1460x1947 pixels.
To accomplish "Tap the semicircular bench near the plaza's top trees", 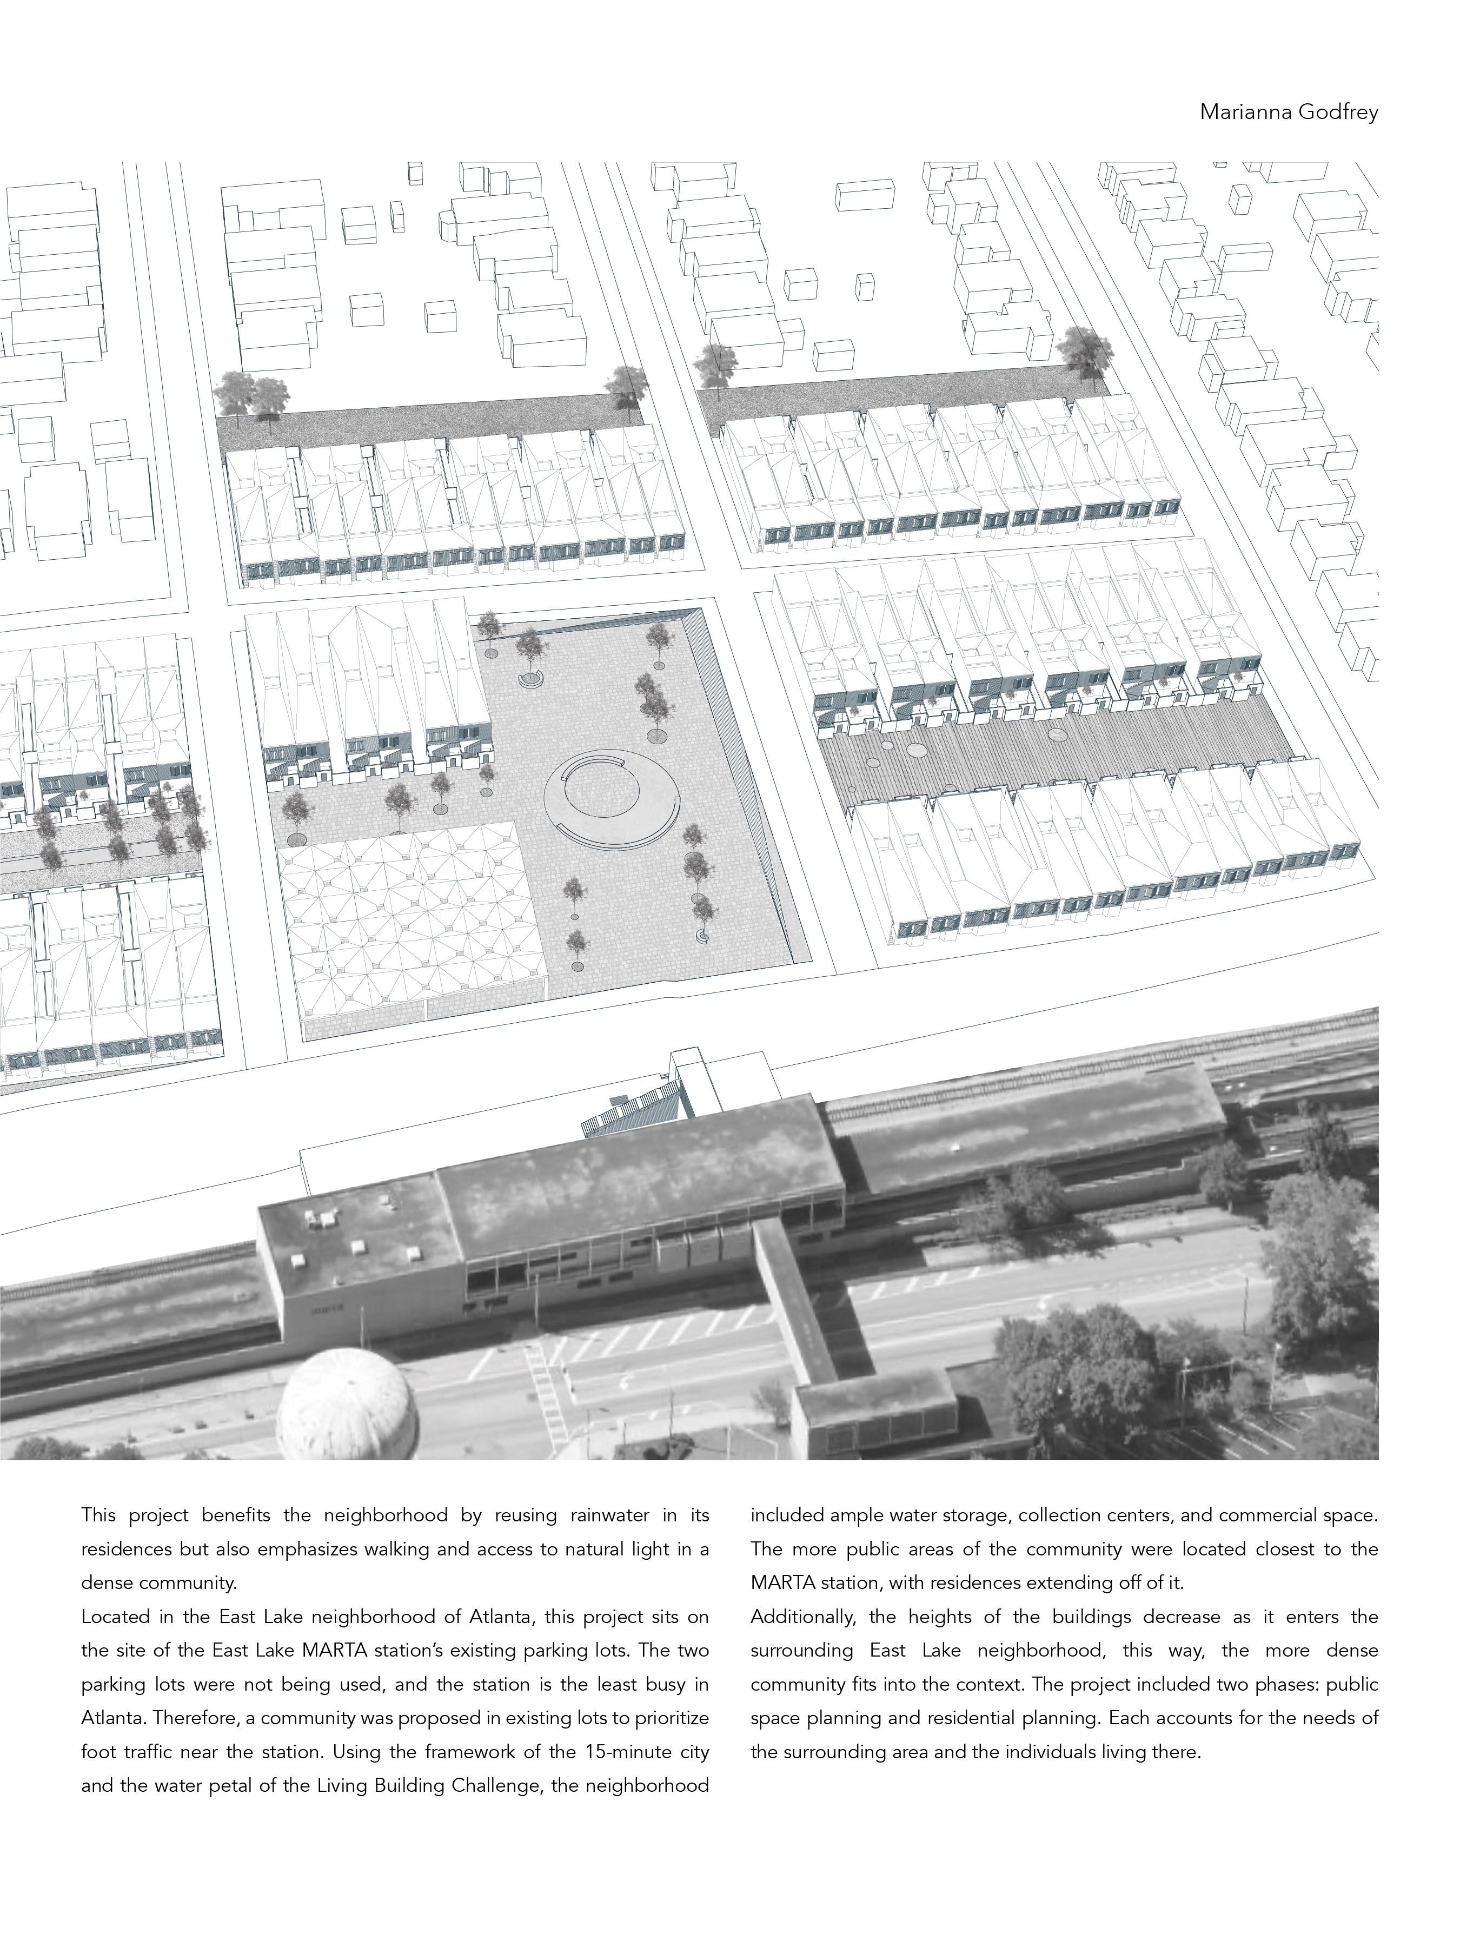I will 530,679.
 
